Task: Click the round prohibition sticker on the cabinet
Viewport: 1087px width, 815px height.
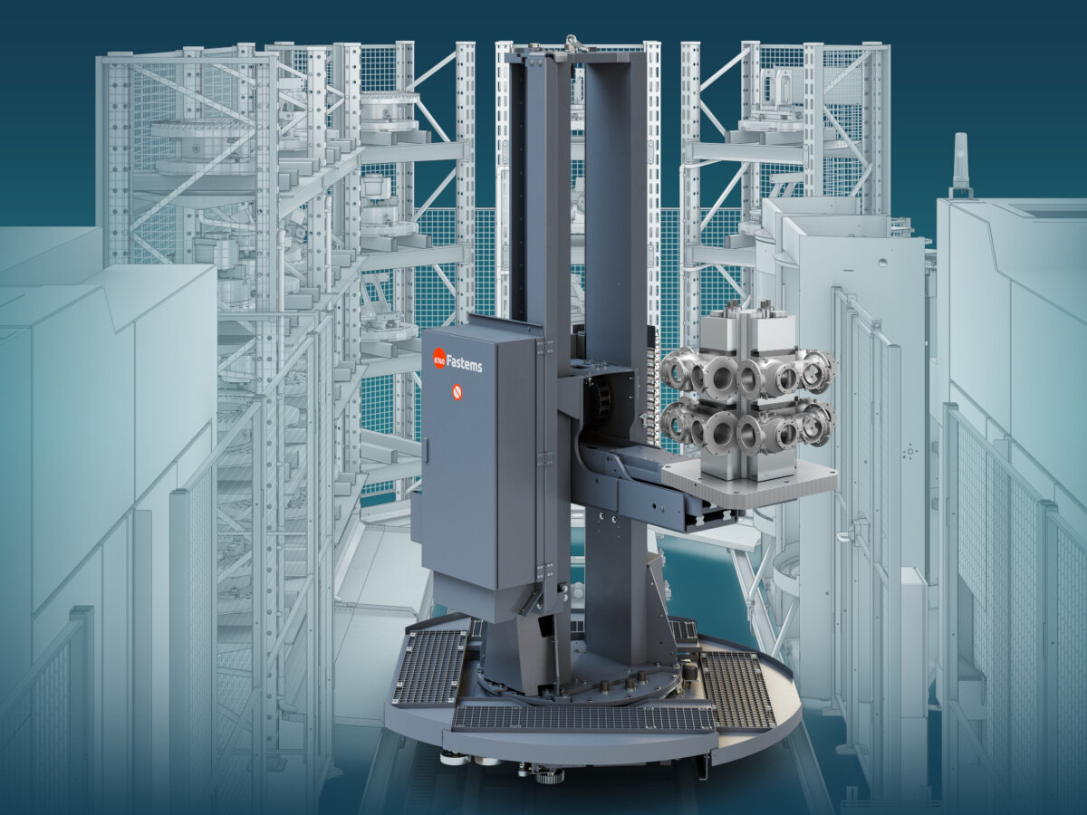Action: tap(457, 392)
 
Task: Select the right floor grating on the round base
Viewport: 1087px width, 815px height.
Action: tap(738, 689)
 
